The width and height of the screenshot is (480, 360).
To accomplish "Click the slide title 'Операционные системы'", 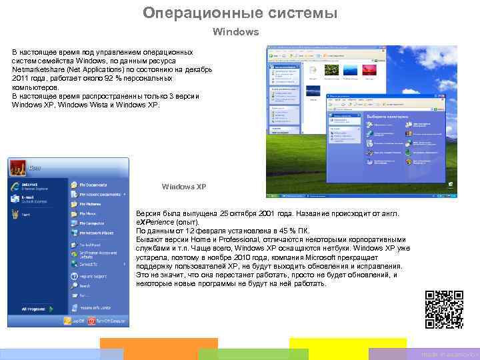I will (x=240, y=13).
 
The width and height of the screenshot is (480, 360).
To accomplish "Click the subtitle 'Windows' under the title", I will (x=235, y=31).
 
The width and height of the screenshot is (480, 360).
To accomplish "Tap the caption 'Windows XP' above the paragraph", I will (x=183, y=187).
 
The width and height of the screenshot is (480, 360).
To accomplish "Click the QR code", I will (x=443, y=310).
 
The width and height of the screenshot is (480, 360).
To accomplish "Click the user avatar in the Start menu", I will (x=17, y=165).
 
